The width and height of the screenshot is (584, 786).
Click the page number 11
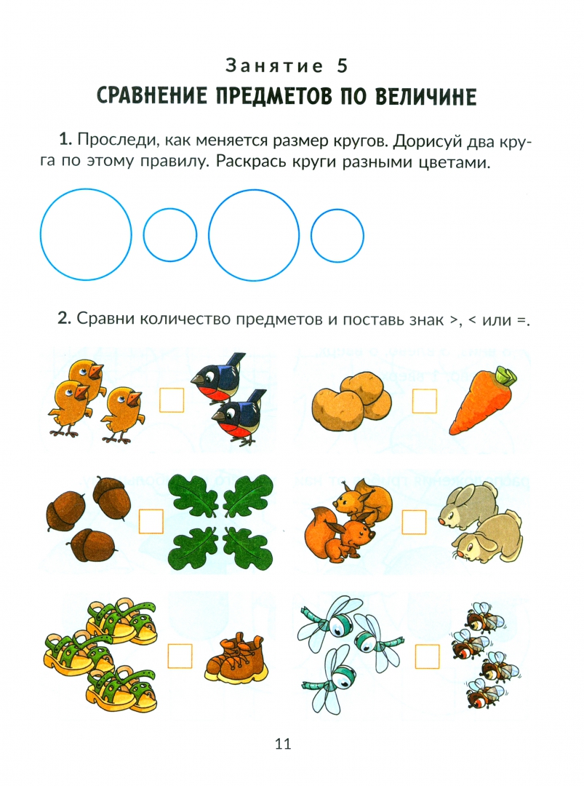tap(283, 743)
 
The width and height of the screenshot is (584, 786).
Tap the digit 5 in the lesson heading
tap(342, 65)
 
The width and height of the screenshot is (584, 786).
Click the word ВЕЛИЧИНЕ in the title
tap(425, 96)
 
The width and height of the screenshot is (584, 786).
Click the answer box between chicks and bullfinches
tap(172, 400)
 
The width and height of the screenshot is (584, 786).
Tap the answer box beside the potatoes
tap(424, 400)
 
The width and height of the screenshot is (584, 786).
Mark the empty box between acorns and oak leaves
tap(151, 521)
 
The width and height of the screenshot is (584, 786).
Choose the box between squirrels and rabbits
tap(414, 522)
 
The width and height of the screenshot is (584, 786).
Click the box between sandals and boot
tap(180, 656)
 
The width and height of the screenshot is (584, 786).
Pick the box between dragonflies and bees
tap(427, 656)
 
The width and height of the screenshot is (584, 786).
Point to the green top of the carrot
tap(506, 376)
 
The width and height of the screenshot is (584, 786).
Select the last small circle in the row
tap(337, 236)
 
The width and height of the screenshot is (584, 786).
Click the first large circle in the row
tap(86, 234)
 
